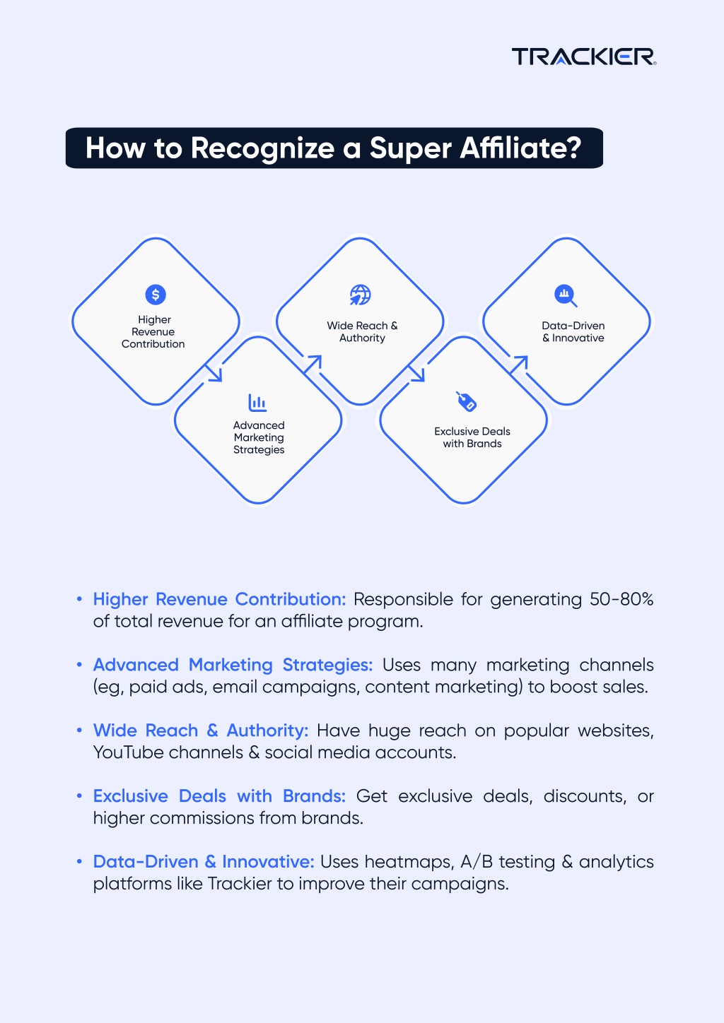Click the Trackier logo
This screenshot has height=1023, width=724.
pyautogui.click(x=584, y=57)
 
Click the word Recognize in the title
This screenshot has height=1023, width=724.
pyautogui.click(x=262, y=148)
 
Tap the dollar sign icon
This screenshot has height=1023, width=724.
pyautogui.click(x=156, y=295)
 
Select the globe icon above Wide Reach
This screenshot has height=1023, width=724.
pyautogui.click(x=360, y=295)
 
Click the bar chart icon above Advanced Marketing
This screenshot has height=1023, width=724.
pyautogui.click(x=257, y=403)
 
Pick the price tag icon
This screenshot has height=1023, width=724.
pyautogui.click(x=466, y=401)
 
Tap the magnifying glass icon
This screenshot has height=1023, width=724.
pyautogui.click(x=566, y=295)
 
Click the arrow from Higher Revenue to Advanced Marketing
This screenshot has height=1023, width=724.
pyautogui.click(x=214, y=373)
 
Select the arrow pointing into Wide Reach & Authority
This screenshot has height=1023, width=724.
pyautogui.click(x=313, y=365)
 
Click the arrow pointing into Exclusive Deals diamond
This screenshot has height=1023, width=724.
pyautogui.click(x=417, y=373)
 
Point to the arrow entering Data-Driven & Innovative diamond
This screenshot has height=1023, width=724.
pyautogui.click(x=519, y=365)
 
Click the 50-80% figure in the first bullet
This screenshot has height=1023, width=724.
pyautogui.click(x=621, y=599)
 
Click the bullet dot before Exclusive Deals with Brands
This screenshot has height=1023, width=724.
pyautogui.click(x=79, y=796)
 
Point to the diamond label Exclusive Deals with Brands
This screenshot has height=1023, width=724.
pyautogui.click(x=472, y=437)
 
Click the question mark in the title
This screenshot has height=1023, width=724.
pyautogui.click(x=573, y=148)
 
